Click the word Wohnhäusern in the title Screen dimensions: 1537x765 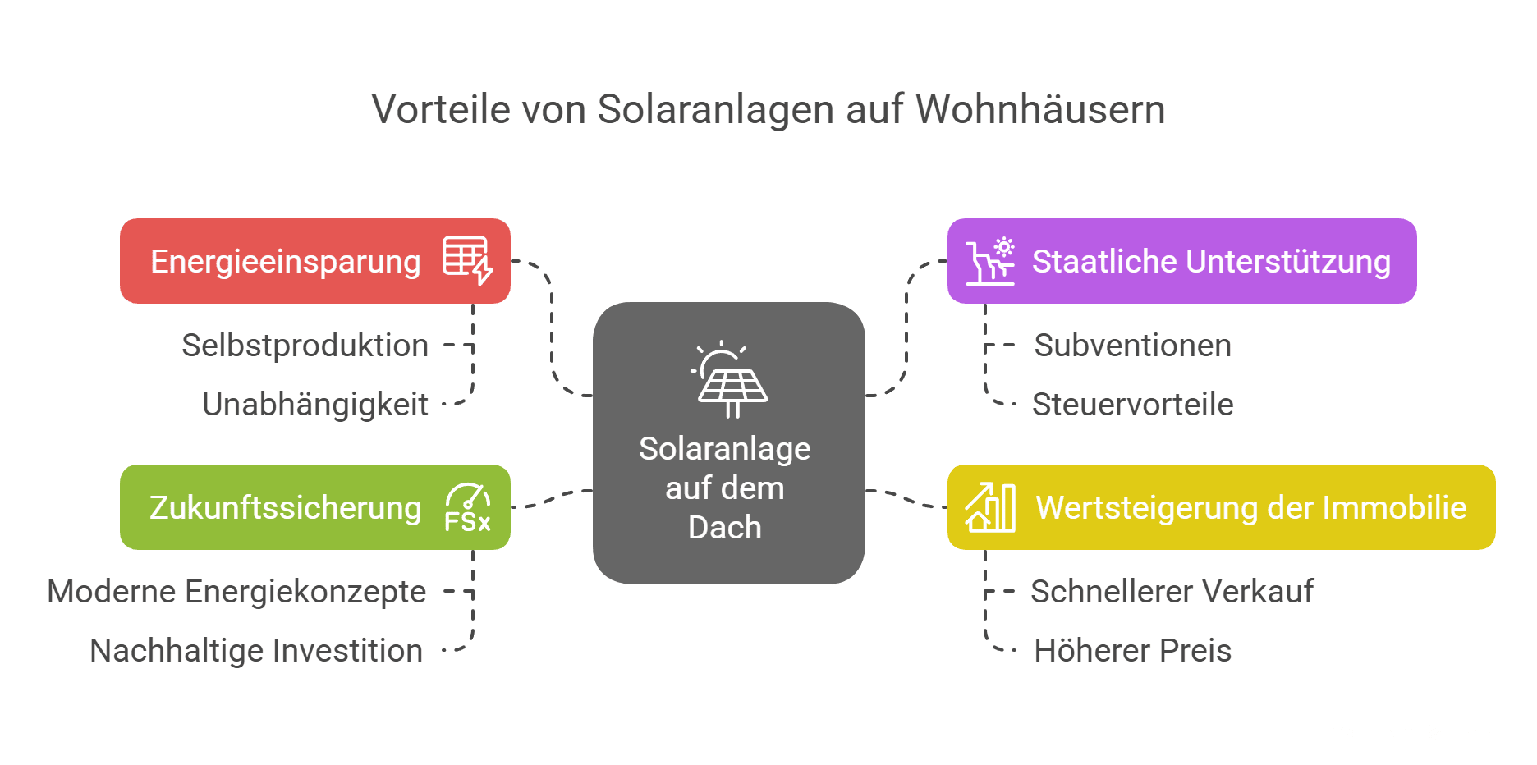coord(1040,109)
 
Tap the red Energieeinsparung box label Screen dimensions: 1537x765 coord(286,262)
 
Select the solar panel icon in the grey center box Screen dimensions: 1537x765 coord(728,379)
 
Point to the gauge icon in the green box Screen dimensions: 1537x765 coord(468,507)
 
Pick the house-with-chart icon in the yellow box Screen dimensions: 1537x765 coord(990,507)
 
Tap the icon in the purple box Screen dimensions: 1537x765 coord(990,261)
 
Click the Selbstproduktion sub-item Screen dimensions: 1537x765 coord(305,346)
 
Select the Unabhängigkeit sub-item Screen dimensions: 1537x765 coord(315,405)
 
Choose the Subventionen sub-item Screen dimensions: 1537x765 coord(1133,346)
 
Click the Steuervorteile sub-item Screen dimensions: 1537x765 coord(1133,405)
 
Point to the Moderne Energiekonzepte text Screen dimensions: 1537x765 coord(236,592)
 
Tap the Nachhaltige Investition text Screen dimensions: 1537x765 coord(256,651)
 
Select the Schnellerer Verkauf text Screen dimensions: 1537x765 coord(1172,592)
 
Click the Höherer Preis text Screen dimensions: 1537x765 coord(1133,651)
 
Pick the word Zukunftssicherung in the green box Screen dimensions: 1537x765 coord(286,508)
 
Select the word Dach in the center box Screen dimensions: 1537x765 coord(725,528)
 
